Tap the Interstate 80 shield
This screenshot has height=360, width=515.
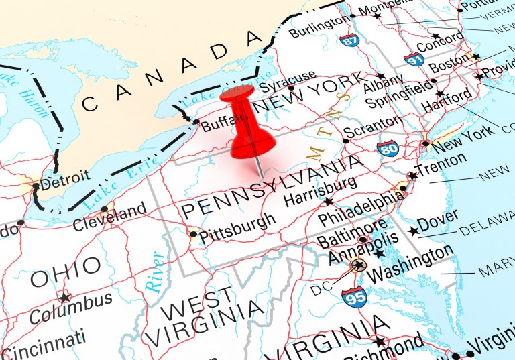pos(388,148)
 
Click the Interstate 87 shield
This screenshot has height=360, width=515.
pos(348,40)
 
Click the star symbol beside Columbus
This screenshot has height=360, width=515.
pos(64,297)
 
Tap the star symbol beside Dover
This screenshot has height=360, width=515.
pos(414,231)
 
